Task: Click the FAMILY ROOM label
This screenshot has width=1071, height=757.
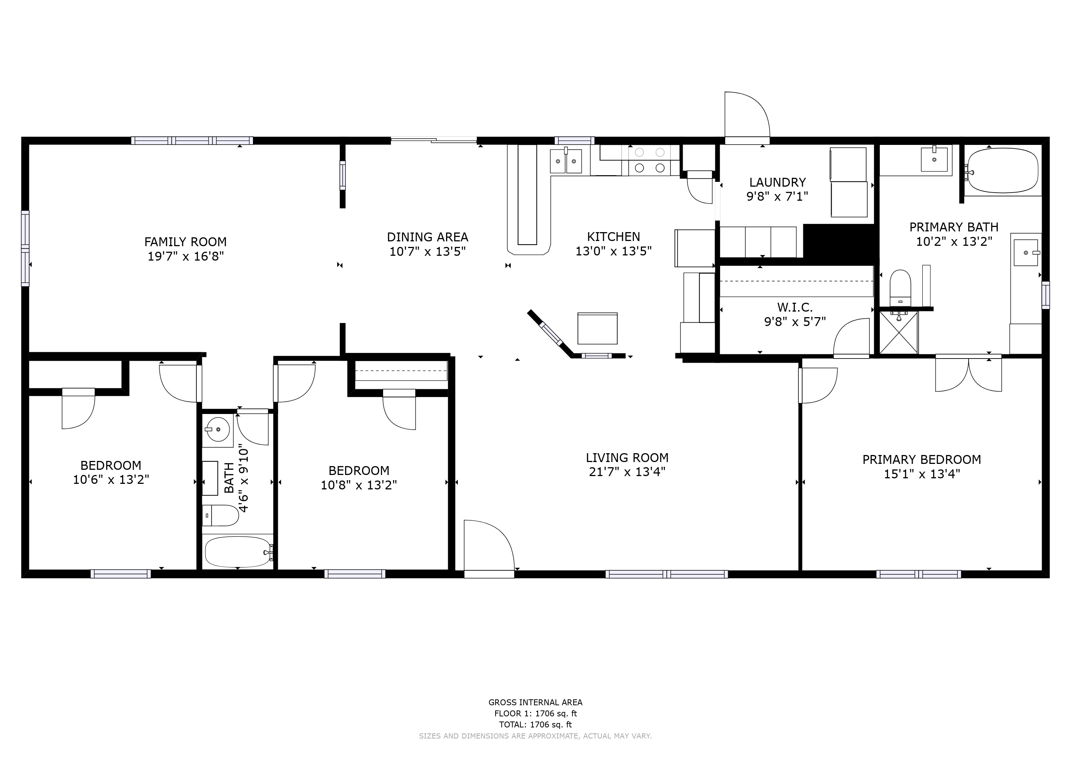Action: (x=185, y=242)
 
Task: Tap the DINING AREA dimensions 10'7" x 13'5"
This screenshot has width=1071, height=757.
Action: (x=428, y=252)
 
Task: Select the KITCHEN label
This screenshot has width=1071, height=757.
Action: (x=614, y=237)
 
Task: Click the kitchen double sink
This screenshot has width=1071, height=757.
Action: (x=566, y=161)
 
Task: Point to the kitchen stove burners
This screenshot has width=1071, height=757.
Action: (x=650, y=160)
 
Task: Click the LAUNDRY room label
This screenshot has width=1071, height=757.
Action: (x=778, y=182)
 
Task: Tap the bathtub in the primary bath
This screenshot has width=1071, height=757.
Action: (x=1003, y=171)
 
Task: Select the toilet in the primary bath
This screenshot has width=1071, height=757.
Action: (x=900, y=288)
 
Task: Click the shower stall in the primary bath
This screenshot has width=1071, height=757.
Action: (x=898, y=332)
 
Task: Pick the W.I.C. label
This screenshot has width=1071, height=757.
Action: (x=795, y=308)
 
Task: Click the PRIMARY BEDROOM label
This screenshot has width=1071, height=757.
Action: (x=922, y=459)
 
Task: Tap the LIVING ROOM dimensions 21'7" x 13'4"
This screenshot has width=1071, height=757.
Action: (x=627, y=472)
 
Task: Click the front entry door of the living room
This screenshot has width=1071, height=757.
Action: (x=489, y=549)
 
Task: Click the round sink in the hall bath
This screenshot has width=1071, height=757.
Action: (x=218, y=429)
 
